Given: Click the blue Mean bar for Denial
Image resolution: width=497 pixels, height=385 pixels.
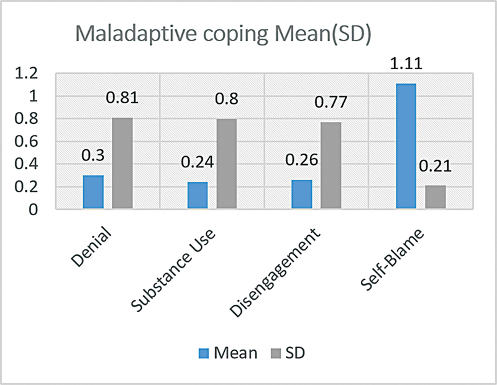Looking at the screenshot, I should click(x=93, y=193).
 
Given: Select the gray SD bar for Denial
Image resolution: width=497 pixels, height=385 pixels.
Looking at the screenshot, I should click(x=122, y=164).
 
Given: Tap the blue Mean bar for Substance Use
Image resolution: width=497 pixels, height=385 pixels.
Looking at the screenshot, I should click(x=197, y=196).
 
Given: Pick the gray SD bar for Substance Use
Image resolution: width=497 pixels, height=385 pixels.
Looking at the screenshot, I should click(x=226, y=164).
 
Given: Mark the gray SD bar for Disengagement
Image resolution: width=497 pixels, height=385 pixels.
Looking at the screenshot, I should click(x=331, y=166).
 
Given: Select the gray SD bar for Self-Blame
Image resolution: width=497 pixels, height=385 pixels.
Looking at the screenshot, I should click(x=435, y=198).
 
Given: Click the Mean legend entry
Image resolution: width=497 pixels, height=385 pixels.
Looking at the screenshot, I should click(x=227, y=353).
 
